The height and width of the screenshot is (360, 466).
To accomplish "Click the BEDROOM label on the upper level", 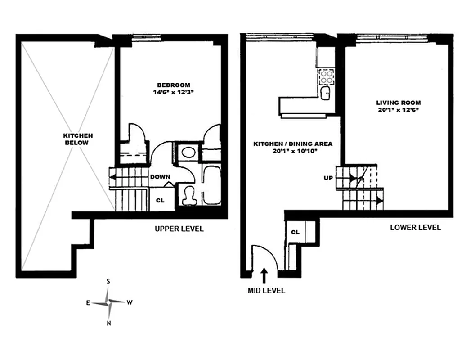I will tap(173, 85).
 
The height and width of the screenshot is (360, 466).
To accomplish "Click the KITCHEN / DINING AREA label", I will tap(293, 144).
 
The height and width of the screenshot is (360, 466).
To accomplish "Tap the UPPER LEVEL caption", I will tap(179, 229).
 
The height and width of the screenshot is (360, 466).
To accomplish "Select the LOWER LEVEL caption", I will tap(415, 228).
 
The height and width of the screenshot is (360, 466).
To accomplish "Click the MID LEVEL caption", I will tap(267, 290).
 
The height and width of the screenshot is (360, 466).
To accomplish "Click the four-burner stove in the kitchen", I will tap(326, 77).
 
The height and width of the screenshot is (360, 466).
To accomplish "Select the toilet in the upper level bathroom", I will tap(189, 195).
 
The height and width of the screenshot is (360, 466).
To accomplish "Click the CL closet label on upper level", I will tap(160, 200).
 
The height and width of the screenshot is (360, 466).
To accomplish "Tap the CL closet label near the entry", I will tap(295, 232).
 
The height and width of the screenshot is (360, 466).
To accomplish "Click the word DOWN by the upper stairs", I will tap(160, 177).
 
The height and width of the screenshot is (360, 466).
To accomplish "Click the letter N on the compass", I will tap(108, 322).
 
